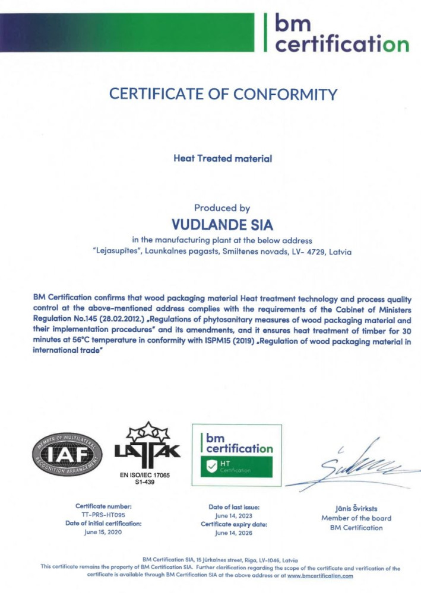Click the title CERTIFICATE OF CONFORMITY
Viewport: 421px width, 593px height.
[223, 94]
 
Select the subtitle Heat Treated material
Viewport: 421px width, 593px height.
[223, 158]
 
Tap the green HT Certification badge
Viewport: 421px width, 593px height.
[236, 466]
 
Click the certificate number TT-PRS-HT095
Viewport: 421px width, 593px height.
[103, 515]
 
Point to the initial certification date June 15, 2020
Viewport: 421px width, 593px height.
[103, 533]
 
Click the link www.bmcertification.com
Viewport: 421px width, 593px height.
[320, 575]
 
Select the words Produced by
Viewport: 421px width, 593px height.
[222, 208]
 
